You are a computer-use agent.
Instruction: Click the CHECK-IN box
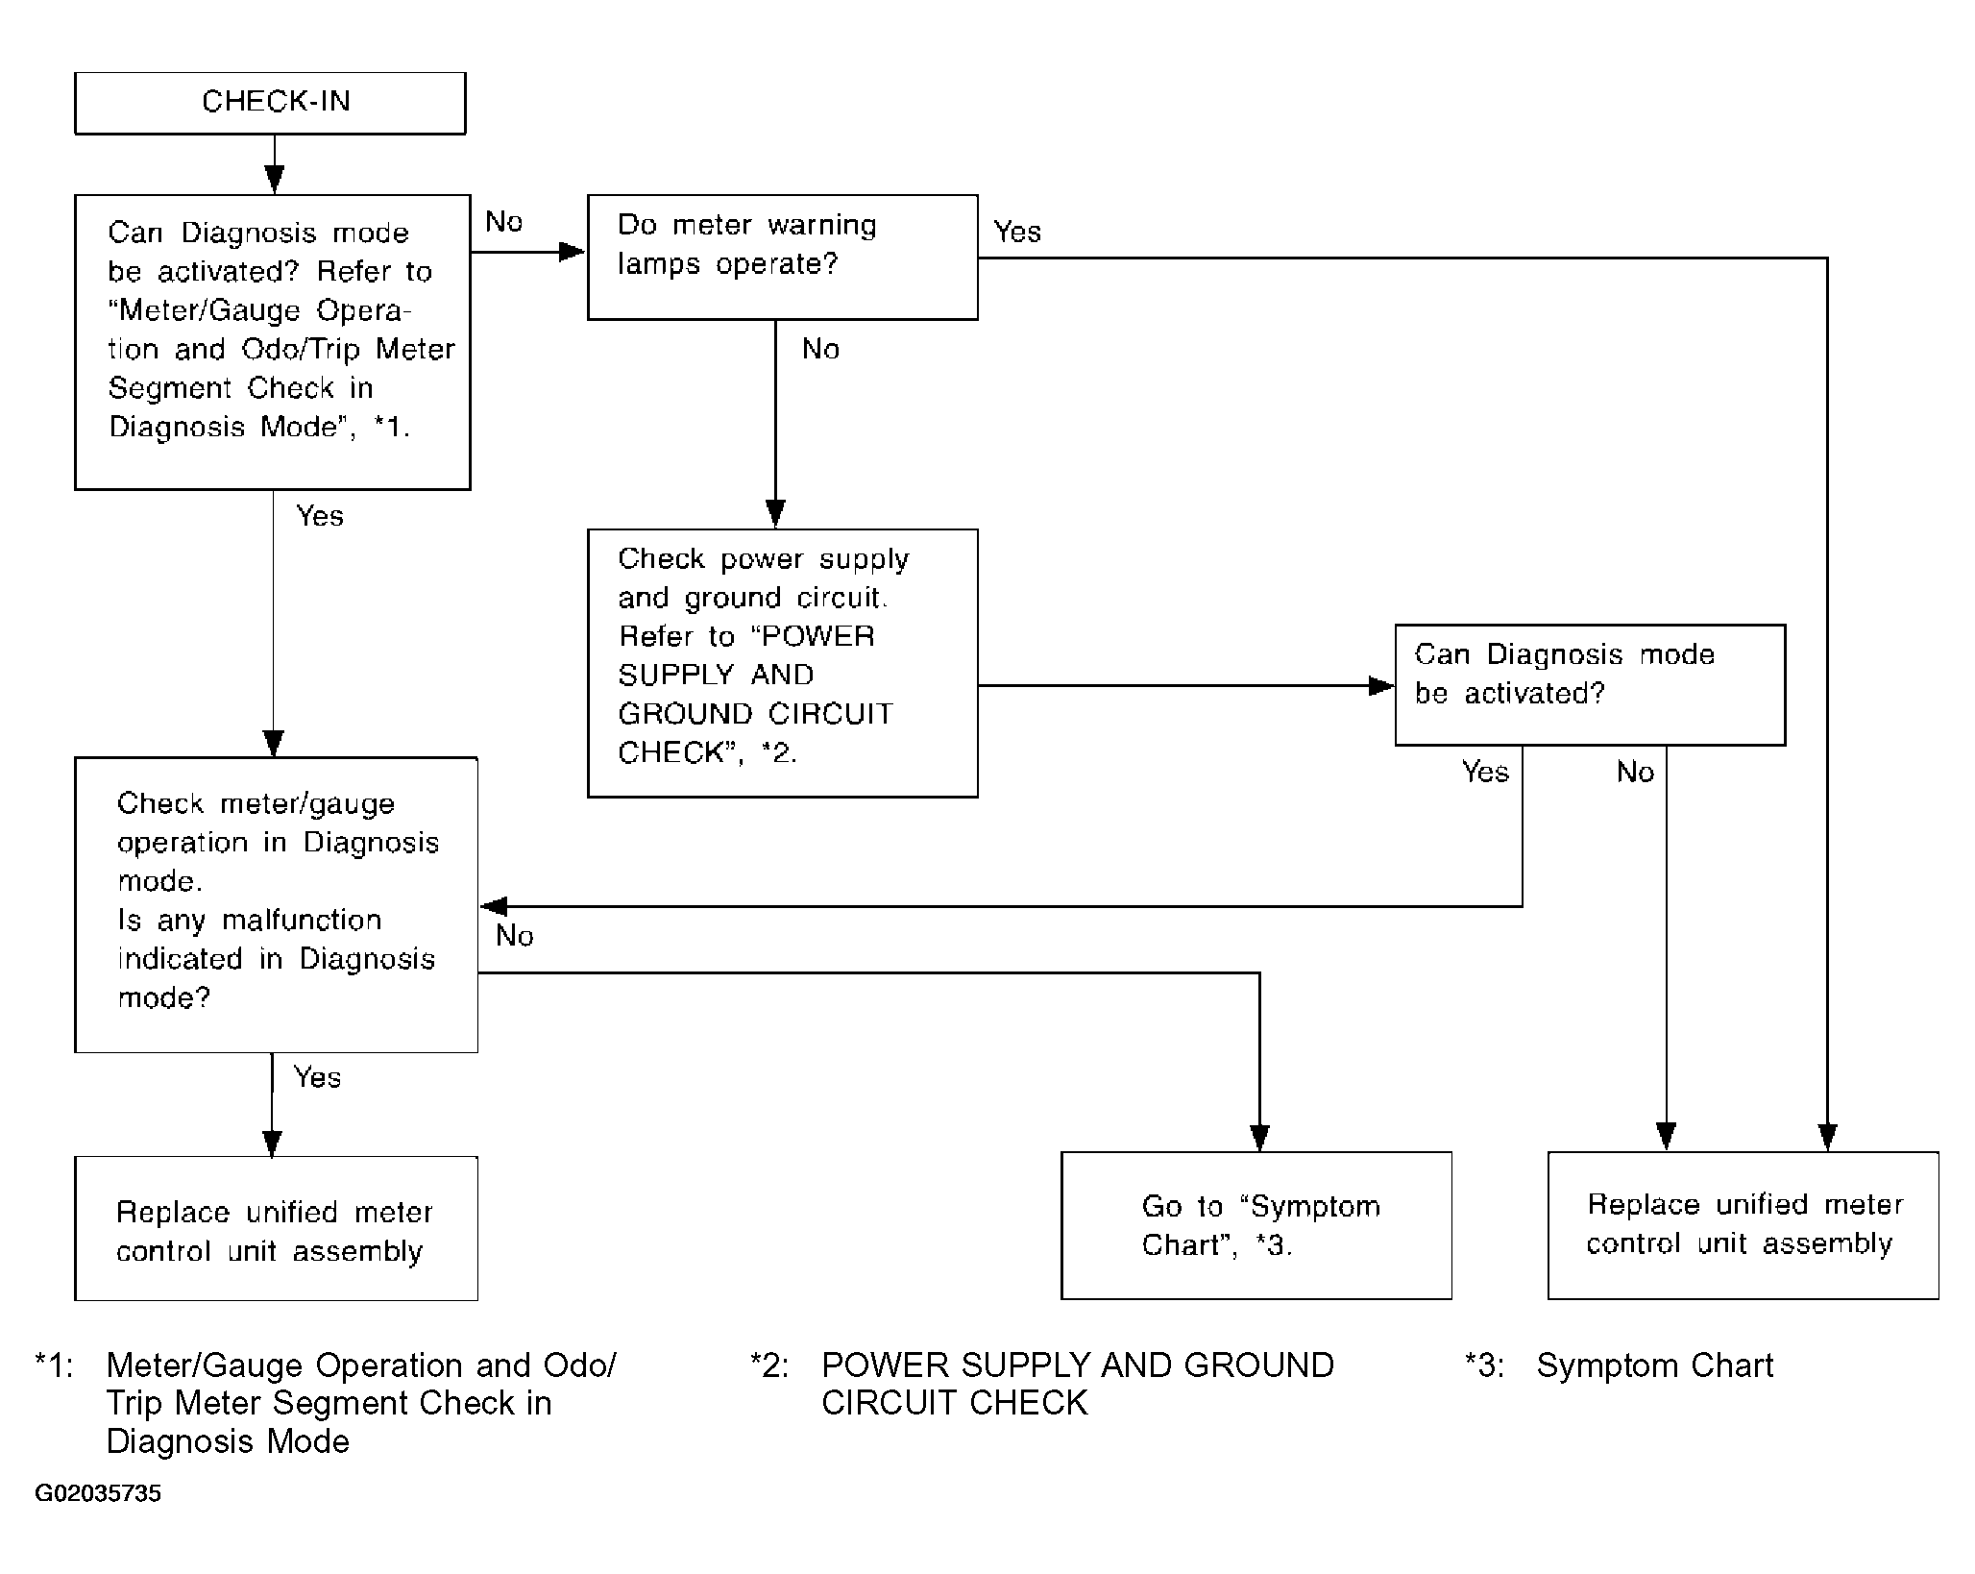pos(270,103)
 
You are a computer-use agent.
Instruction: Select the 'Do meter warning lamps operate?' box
pos(782,257)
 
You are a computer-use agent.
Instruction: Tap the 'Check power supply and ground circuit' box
pos(782,663)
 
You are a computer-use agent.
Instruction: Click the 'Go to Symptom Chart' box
pos(1256,1225)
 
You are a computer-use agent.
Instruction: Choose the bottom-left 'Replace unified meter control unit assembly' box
pos(276,1228)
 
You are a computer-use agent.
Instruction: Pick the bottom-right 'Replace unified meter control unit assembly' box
pos(1743,1225)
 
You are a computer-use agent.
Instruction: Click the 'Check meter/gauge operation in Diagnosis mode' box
pos(276,904)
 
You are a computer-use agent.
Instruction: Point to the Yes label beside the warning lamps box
pos(1017,232)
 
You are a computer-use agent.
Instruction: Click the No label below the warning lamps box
pos(820,349)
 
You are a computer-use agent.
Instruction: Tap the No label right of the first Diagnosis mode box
pos(503,222)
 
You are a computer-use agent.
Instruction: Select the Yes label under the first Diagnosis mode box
pos(320,516)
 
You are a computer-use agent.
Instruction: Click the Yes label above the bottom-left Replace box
pos(317,1077)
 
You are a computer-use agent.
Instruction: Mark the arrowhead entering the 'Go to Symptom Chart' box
pos(1259,1139)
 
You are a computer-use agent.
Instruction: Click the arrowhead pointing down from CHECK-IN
pos(275,181)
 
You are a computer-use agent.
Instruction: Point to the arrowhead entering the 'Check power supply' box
pos(775,515)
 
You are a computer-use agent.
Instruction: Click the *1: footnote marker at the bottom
pos(54,1365)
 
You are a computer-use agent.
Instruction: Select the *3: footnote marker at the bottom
pos(1485,1365)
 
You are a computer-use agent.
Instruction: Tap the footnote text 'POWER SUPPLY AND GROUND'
pos(1078,1365)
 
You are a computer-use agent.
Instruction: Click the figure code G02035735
pos(98,1493)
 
